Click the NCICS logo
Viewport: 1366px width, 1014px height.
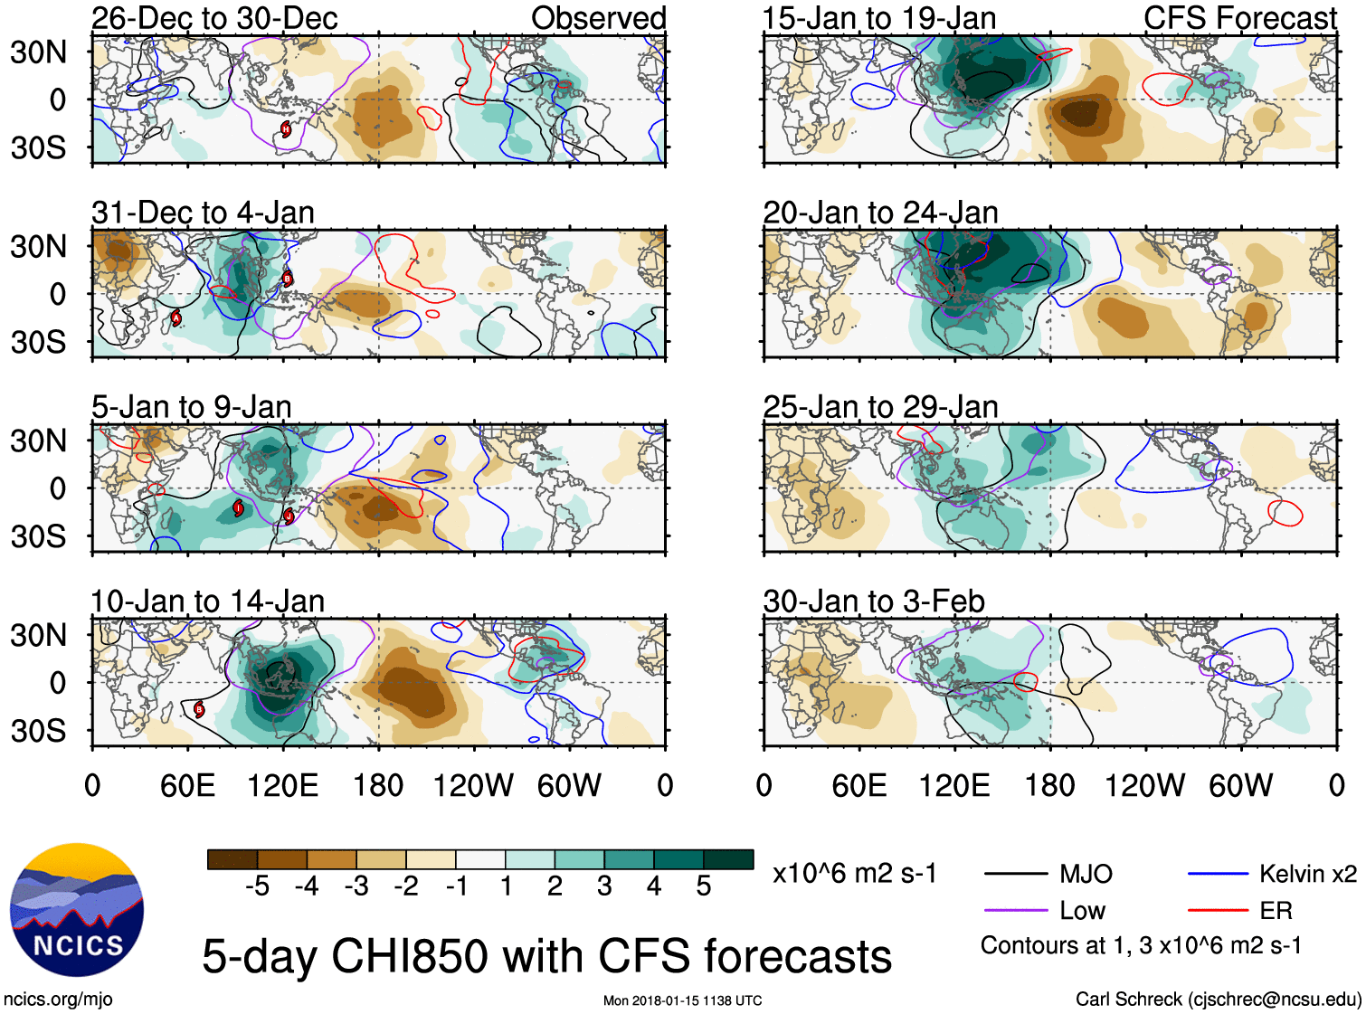77,910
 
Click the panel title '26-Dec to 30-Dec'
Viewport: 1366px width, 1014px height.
214,18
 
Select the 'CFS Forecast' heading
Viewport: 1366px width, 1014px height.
1239,18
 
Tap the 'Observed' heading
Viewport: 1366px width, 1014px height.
598,18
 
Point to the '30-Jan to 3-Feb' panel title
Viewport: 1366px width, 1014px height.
874,602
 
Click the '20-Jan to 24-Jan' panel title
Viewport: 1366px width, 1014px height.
880,213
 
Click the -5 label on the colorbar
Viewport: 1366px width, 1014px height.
257,886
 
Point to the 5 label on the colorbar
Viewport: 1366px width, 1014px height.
704,886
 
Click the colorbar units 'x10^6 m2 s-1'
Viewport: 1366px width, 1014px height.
854,874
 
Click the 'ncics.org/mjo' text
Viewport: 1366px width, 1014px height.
58,1000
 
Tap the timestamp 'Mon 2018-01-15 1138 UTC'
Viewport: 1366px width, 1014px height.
682,1000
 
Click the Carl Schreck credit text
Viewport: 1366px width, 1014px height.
1218,1000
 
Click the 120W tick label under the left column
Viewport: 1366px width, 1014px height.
472,785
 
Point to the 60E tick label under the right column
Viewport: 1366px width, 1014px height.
858,785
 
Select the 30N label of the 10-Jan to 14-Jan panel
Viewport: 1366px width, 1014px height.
38,636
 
